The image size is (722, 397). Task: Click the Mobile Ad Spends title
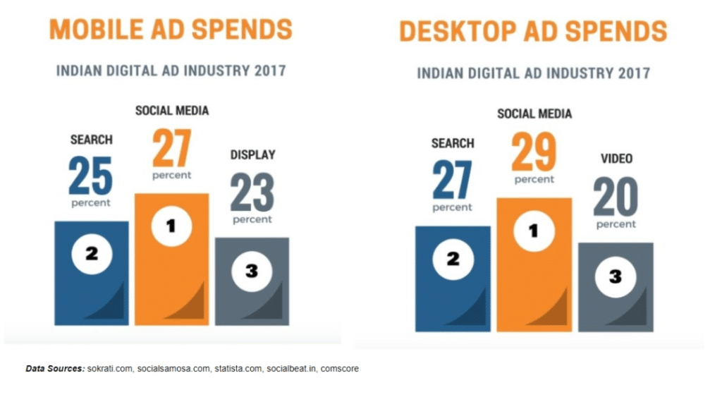pyautogui.click(x=171, y=30)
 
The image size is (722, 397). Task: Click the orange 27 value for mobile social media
pyautogui.click(x=171, y=147)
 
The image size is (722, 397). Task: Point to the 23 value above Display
pyautogui.click(x=252, y=193)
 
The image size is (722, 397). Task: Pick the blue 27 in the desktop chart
pyautogui.click(x=452, y=181)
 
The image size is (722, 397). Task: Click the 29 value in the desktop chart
pyautogui.click(x=534, y=152)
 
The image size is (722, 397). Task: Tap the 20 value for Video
pyautogui.click(x=615, y=197)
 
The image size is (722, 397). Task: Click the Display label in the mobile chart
pyautogui.click(x=252, y=154)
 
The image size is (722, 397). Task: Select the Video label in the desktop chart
pyautogui.click(x=616, y=159)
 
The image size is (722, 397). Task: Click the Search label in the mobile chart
pyautogui.click(x=91, y=140)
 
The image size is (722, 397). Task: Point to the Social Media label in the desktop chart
pyautogui.click(x=534, y=114)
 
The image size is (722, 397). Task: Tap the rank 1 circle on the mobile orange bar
pyautogui.click(x=171, y=226)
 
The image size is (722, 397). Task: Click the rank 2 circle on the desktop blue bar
pyautogui.click(x=453, y=259)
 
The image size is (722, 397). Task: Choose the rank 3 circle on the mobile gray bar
pyautogui.click(x=252, y=271)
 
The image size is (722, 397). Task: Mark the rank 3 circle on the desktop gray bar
pyautogui.click(x=615, y=276)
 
